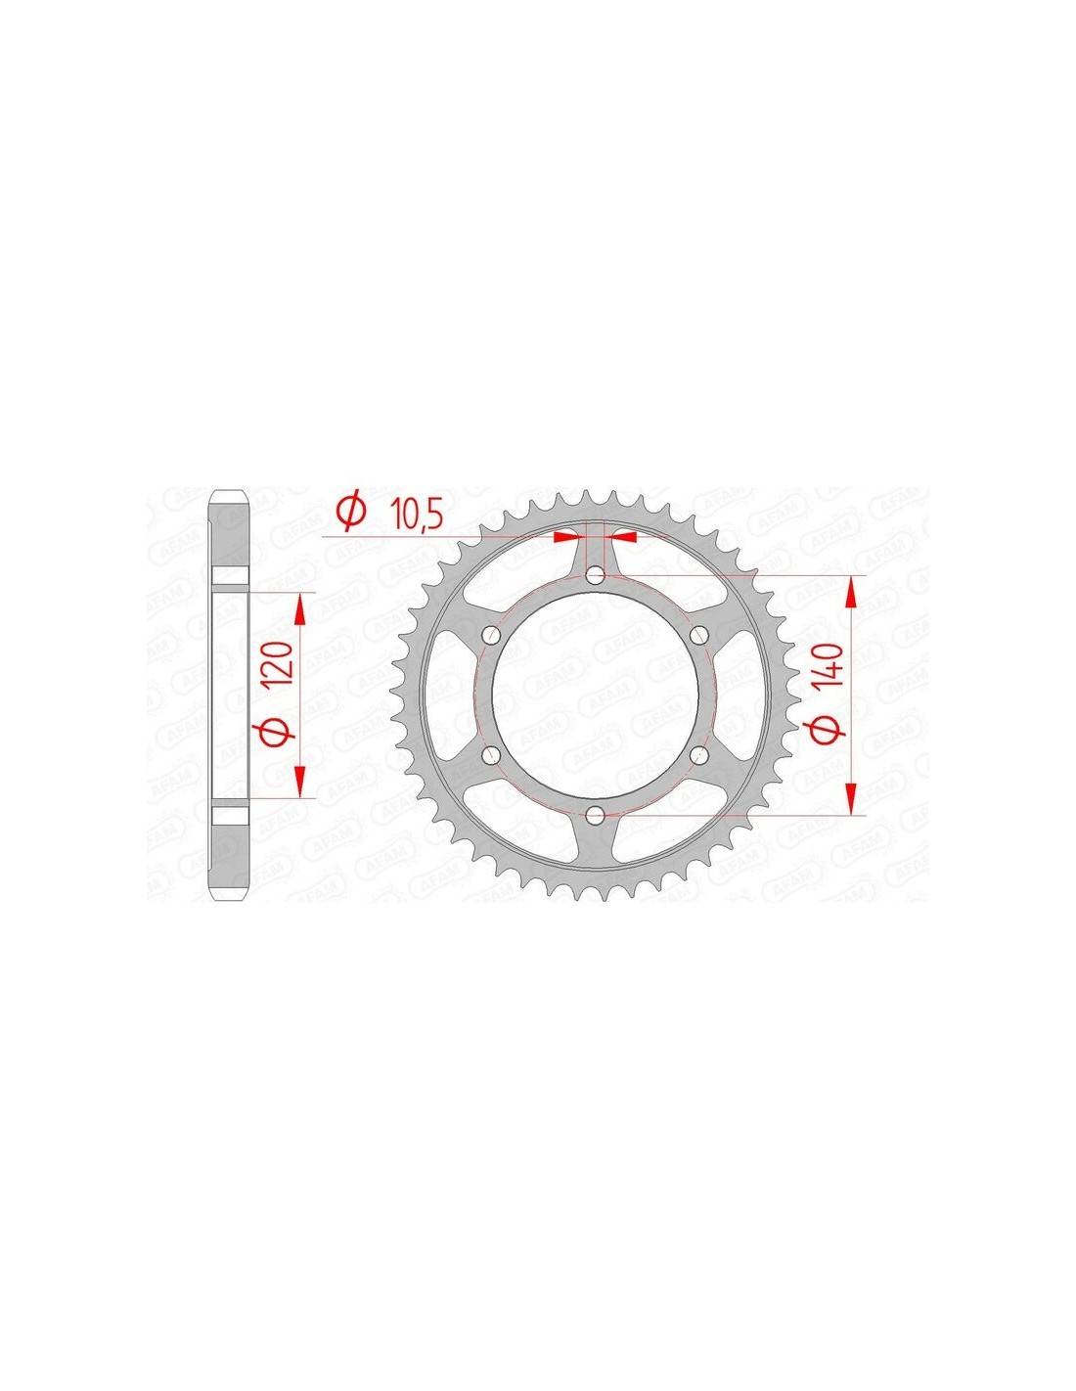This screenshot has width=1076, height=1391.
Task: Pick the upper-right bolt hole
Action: point(699,635)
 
